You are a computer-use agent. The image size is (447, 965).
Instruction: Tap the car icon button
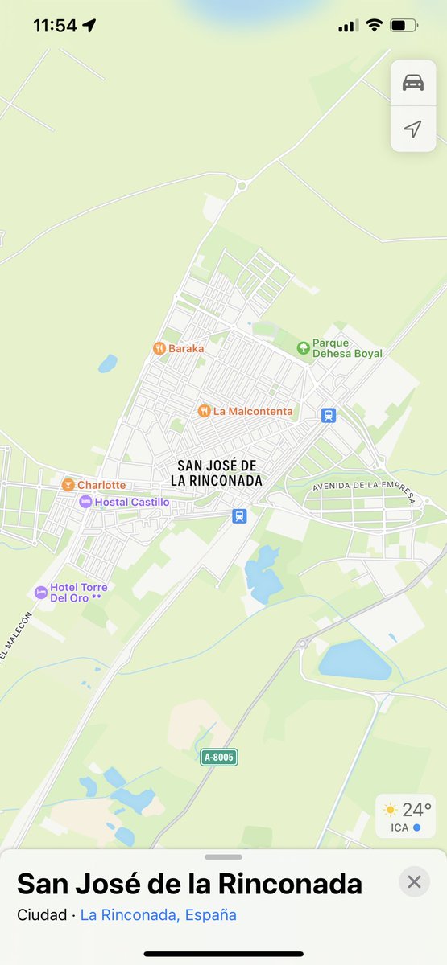pos(413,83)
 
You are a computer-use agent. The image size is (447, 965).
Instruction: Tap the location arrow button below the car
pos(413,129)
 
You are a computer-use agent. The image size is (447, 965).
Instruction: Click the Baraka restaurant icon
pos(159,348)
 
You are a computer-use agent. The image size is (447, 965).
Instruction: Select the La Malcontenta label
pos(253,411)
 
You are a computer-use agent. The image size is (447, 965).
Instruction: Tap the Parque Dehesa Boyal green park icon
pos(303,347)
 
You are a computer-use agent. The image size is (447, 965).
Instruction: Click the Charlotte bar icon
pos(68,485)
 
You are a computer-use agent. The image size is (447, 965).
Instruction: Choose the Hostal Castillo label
pos(132,502)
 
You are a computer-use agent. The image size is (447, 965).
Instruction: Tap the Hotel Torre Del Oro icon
pos(41,593)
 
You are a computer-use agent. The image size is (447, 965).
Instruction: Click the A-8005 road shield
pos(219,757)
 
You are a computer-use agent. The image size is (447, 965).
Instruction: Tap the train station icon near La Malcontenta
pos(328,415)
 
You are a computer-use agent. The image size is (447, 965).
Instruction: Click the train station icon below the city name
pos(238,515)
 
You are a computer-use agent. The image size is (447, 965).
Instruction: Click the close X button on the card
pos(414,882)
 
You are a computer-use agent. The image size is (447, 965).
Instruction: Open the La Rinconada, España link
pos(159,915)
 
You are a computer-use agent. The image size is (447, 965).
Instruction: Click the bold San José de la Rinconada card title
pos(189,884)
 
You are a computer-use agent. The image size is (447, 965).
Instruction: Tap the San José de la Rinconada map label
pos(217,473)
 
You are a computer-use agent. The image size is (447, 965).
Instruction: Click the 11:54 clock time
pos(55,26)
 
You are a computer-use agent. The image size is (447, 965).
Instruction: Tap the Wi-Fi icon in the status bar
pos(374,26)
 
